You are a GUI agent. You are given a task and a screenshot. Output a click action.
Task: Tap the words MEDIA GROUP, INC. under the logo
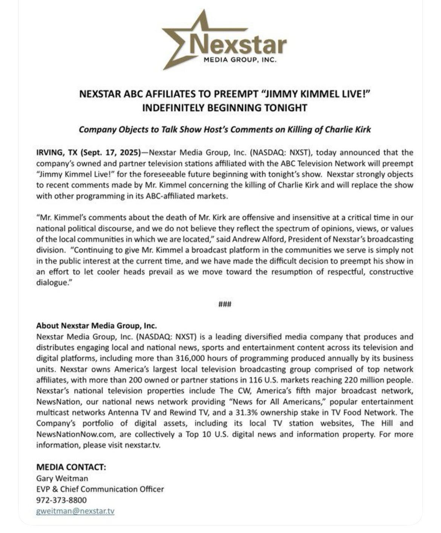click(x=240, y=60)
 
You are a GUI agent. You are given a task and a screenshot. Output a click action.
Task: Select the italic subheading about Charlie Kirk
click(x=225, y=130)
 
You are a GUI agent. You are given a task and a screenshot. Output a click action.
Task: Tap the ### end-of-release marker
click(x=225, y=304)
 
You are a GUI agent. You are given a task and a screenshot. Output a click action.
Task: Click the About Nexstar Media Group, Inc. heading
click(x=96, y=326)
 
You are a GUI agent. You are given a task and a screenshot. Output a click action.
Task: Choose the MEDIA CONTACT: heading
click(x=71, y=467)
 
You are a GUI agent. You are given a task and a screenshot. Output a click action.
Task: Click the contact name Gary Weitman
click(x=62, y=478)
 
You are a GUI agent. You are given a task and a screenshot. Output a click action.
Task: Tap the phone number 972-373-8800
click(x=61, y=500)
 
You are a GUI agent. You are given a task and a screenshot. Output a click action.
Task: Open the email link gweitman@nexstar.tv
click(x=75, y=511)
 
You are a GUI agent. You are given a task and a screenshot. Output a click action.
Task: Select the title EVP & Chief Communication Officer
click(x=100, y=489)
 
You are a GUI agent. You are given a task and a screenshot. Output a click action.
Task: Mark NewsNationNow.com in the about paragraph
click(x=75, y=434)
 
